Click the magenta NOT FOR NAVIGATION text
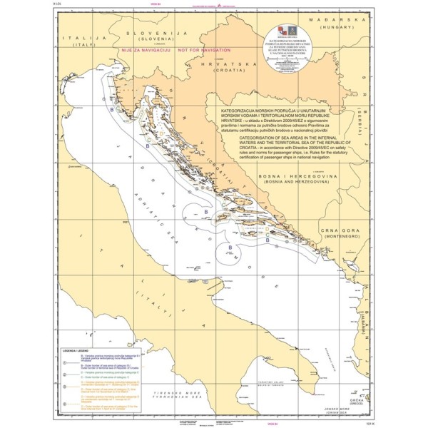[204, 51]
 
